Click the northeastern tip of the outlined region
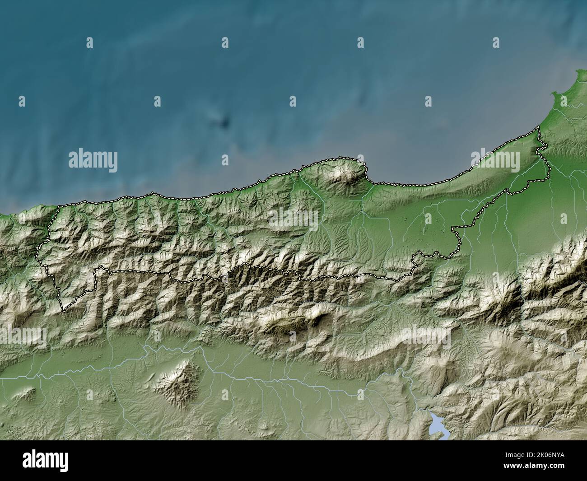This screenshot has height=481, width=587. [x=538, y=129]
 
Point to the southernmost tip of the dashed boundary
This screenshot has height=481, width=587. [x=64, y=311]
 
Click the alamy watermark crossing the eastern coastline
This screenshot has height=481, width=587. [x=495, y=161]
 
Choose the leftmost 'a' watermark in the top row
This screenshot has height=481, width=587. [x=89, y=43]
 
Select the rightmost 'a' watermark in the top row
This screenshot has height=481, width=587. [x=495, y=43]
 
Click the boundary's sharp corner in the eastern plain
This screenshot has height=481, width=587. [x=454, y=227]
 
